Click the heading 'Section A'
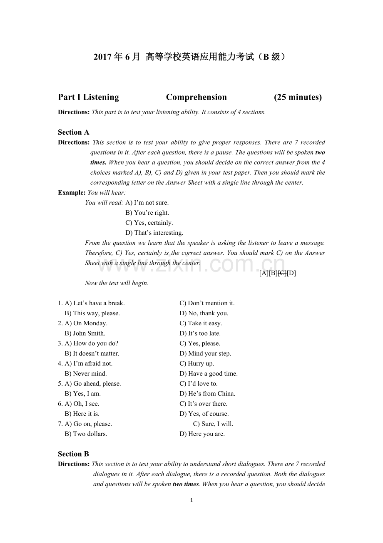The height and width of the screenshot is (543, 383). (74, 132)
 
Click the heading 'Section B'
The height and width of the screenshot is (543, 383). (74, 454)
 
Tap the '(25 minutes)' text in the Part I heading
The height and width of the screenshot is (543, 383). (298, 97)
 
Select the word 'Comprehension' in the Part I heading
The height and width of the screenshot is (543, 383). (196, 97)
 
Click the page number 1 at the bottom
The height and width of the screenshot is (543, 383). (191, 500)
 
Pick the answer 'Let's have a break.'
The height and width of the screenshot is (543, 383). (99, 303)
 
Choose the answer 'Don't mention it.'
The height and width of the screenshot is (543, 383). (211, 303)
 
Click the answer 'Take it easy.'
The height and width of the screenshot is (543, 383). (205, 323)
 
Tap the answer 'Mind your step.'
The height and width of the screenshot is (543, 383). (209, 353)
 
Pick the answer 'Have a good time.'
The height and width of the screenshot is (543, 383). (213, 374)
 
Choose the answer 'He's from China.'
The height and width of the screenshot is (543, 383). (211, 394)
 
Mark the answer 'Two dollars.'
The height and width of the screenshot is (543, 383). (90, 434)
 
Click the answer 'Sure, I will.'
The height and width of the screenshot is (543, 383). (217, 424)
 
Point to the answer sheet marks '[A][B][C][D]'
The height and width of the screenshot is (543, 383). (277, 273)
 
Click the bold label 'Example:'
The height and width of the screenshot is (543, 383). (72, 193)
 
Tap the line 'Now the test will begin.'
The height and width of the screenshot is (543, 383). (117, 283)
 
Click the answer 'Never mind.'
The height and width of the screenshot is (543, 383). (90, 374)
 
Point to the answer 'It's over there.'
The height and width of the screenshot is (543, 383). (208, 404)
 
